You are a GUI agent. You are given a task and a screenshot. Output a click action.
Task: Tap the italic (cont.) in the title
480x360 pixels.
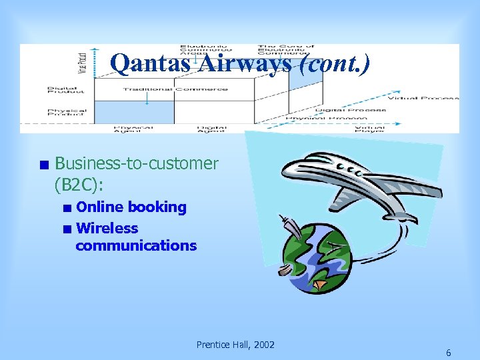click(332, 63)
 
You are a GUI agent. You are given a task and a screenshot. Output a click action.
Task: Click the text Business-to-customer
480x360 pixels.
click(136, 163)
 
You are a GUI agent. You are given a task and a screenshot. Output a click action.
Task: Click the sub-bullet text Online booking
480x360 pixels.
click(131, 207)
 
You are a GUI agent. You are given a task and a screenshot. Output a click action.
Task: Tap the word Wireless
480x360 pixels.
click(107, 228)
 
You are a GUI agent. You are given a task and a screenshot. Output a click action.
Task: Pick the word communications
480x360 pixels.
click(136, 245)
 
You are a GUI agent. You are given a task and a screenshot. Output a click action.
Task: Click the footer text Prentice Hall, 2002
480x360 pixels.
click(235, 345)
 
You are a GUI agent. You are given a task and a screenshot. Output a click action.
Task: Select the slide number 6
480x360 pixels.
click(448, 352)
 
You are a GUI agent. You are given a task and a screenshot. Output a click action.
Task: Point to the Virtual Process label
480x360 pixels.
click(423, 98)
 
